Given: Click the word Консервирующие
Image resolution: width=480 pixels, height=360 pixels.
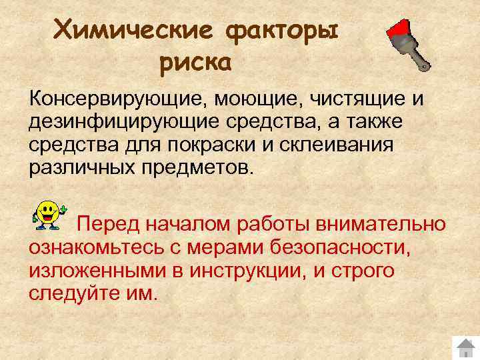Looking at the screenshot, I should click(117, 100).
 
